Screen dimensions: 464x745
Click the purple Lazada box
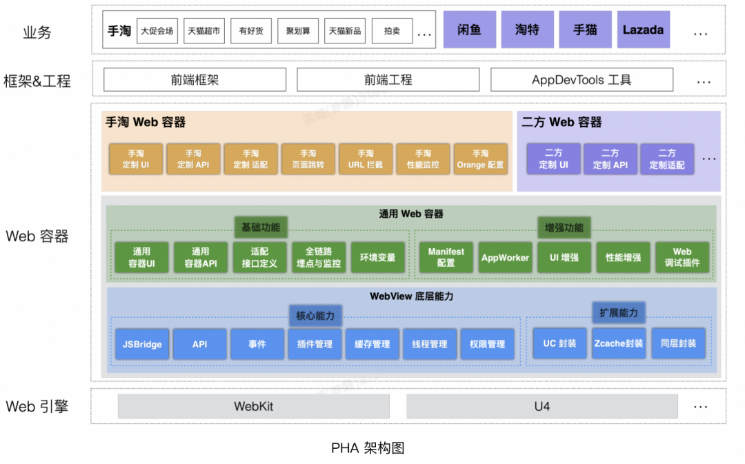(x=643, y=30)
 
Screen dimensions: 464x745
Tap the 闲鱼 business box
(x=469, y=30)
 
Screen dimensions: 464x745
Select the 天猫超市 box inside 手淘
(x=204, y=31)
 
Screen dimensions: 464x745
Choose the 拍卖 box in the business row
(x=392, y=31)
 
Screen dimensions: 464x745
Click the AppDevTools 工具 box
(x=582, y=80)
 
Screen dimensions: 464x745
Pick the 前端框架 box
(x=195, y=80)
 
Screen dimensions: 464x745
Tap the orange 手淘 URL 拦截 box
(x=366, y=159)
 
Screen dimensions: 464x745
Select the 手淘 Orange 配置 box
(x=480, y=159)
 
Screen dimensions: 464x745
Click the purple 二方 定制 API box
(x=610, y=159)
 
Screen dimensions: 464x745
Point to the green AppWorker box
(x=506, y=258)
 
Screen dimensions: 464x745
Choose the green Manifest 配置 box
(x=446, y=258)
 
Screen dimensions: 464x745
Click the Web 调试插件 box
(x=682, y=258)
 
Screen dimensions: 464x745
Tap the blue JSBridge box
(x=142, y=344)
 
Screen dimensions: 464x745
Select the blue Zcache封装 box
(x=619, y=343)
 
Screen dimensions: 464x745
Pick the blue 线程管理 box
(x=430, y=344)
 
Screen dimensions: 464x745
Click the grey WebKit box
(x=253, y=407)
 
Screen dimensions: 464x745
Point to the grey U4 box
(x=542, y=407)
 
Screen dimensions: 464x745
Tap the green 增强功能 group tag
(x=564, y=228)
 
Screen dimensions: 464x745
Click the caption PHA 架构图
(x=368, y=448)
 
